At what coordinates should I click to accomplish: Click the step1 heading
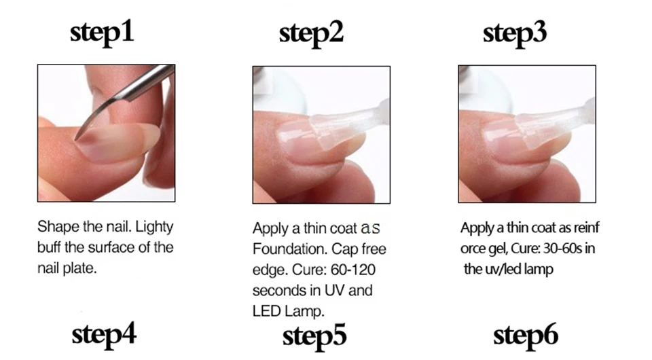tap(102, 33)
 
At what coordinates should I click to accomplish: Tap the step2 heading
tap(312, 34)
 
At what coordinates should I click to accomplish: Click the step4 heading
tap(104, 335)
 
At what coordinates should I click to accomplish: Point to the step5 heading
tap(314, 336)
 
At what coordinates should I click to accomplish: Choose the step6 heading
tap(526, 336)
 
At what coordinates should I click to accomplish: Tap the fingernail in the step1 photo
tap(118, 143)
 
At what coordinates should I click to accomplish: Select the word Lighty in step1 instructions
tap(154, 228)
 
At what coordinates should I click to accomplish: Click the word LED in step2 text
tap(267, 311)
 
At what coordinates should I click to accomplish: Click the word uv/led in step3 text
tap(503, 270)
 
